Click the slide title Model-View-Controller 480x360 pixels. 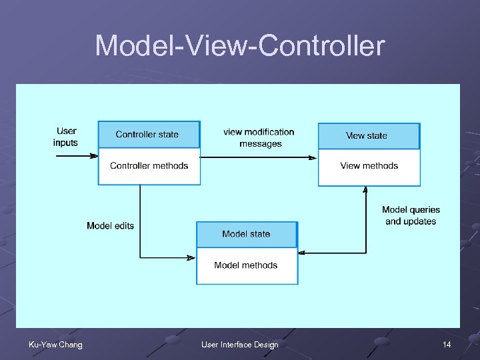point(240,46)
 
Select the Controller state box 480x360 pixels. point(149,135)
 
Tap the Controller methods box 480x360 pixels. point(149,166)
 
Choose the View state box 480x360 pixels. point(369,136)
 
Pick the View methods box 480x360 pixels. point(369,167)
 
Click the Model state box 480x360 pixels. point(247,234)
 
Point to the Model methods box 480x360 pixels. point(247,265)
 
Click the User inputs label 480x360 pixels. point(66,137)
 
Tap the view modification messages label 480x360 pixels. point(259,138)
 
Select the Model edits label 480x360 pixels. point(110,226)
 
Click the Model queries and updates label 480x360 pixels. point(411,215)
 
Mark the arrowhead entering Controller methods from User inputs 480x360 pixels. point(94,156)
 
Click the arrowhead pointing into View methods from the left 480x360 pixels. point(313,158)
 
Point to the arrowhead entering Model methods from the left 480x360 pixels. point(191,257)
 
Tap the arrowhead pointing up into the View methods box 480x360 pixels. point(365,189)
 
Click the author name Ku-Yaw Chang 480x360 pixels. point(55,345)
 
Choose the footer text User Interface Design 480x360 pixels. point(240,345)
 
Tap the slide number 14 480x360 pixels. point(446,345)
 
